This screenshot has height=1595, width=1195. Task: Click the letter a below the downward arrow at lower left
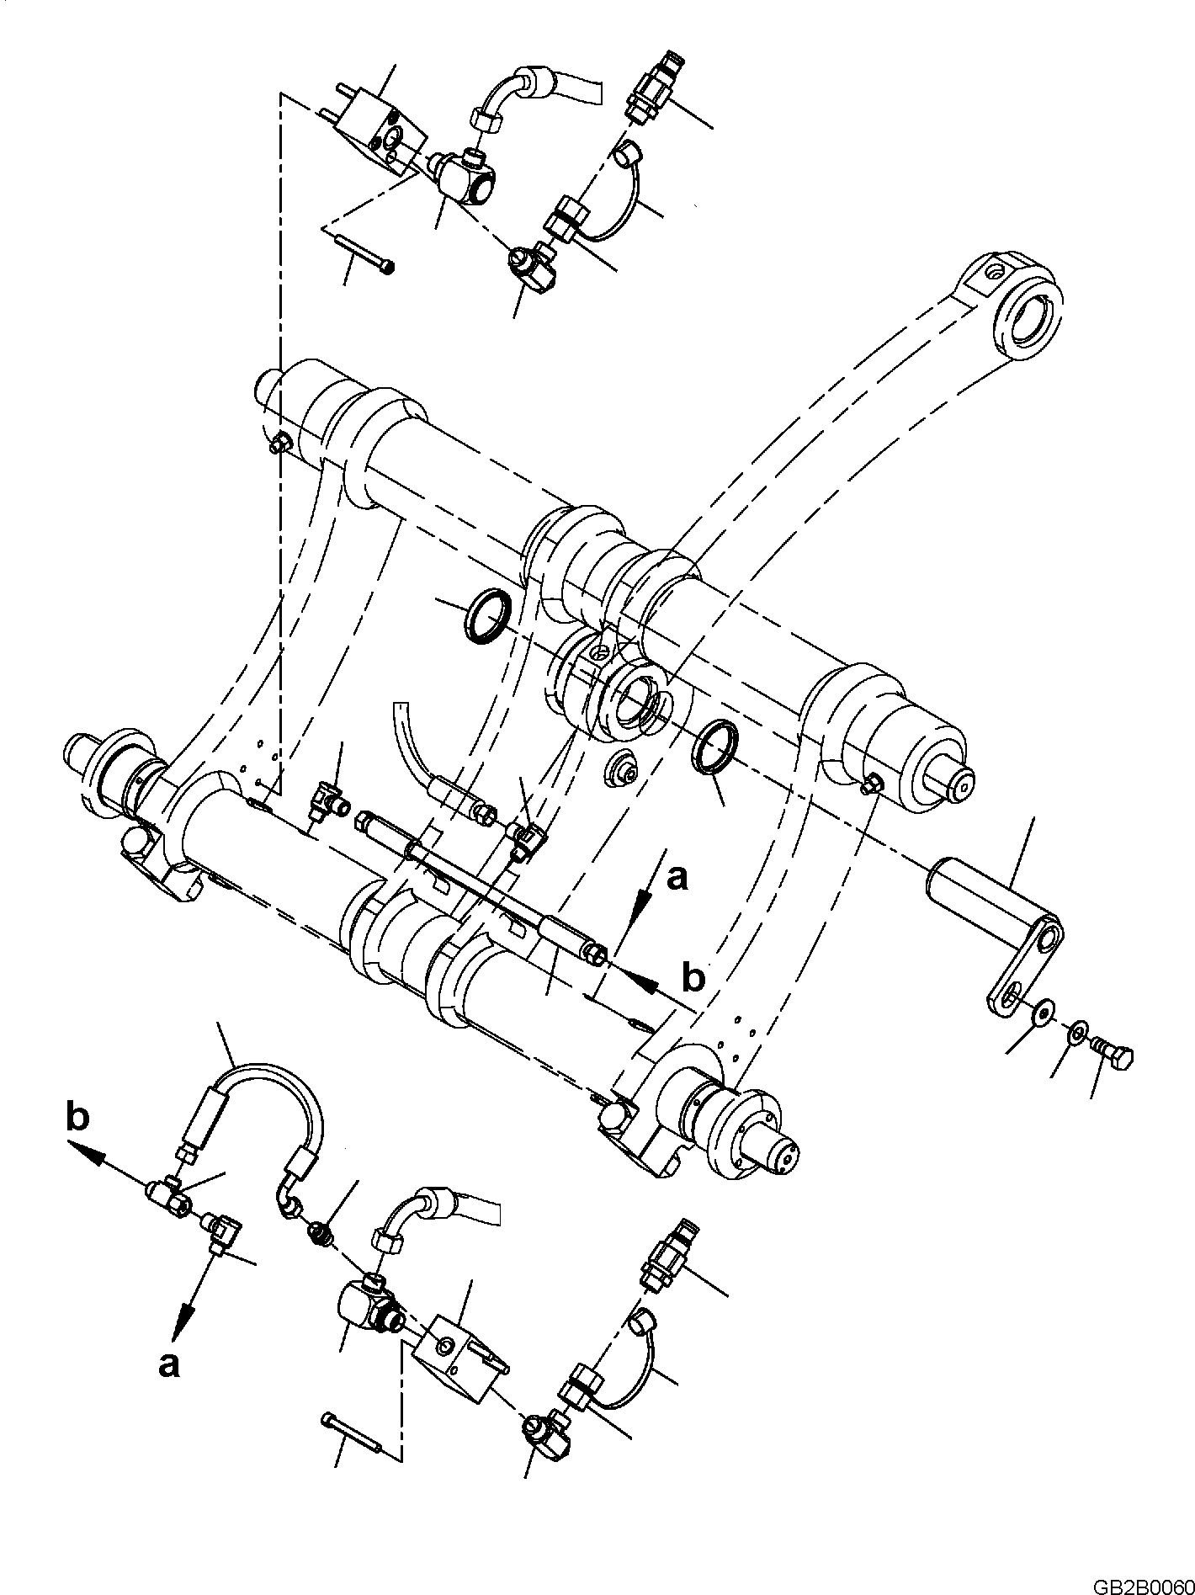pyautogui.click(x=169, y=1365)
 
